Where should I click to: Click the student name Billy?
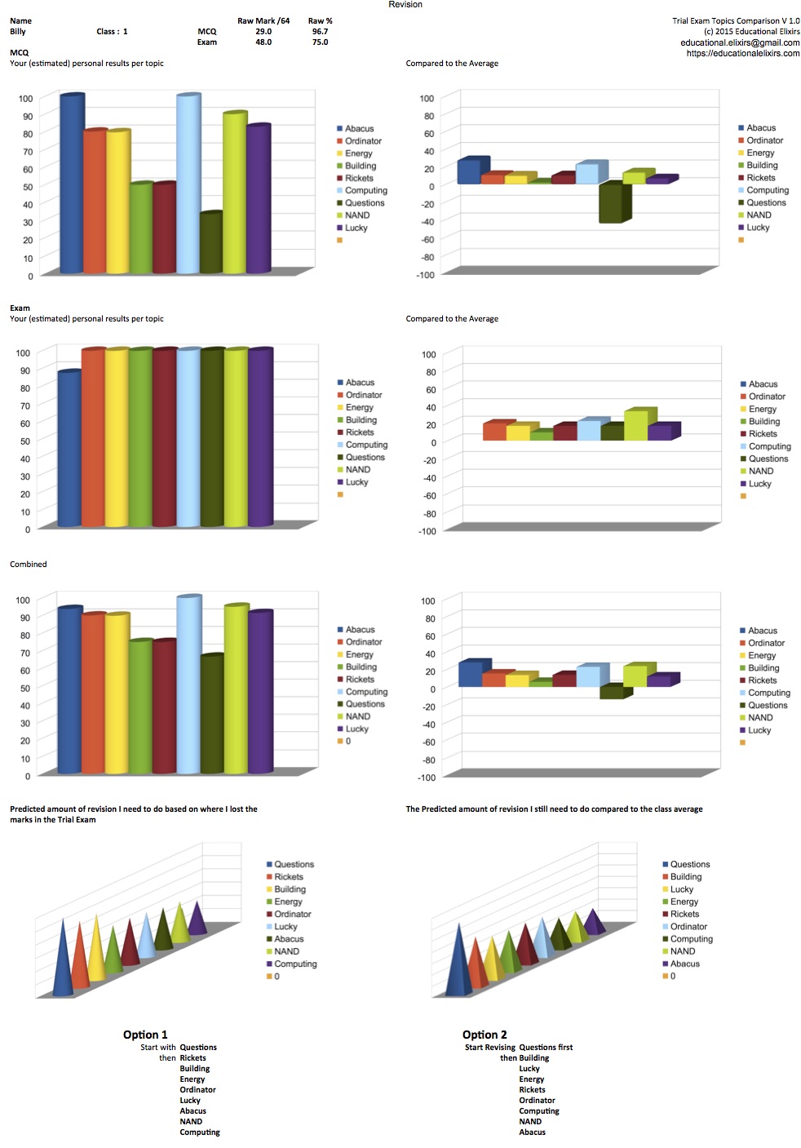click(x=18, y=32)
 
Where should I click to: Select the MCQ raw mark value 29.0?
click(x=263, y=32)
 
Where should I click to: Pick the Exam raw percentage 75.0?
click(x=320, y=42)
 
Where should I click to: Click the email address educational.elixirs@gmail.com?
click(x=740, y=42)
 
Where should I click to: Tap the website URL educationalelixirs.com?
click(x=742, y=53)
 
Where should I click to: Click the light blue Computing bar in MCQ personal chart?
click(x=188, y=184)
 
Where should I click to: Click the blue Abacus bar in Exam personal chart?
click(x=69, y=449)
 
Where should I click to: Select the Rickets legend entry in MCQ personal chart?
click(x=359, y=178)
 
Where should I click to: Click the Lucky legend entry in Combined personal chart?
click(x=356, y=729)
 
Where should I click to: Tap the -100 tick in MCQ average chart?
click(x=425, y=275)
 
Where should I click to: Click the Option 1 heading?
click(x=145, y=1035)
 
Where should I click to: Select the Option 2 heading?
click(x=485, y=1035)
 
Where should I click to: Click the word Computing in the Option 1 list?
click(x=200, y=1132)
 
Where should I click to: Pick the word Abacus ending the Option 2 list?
click(x=532, y=1132)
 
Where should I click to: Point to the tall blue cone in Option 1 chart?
click(x=62, y=959)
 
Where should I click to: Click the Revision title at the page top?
click(x=405, y=5)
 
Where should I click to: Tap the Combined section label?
click(x=29, y=564)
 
